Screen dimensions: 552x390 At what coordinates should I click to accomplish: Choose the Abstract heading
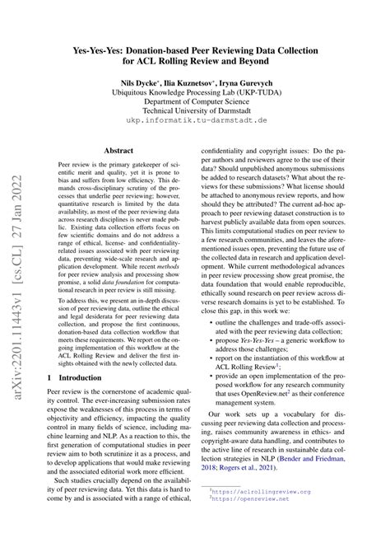pos(119,151)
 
